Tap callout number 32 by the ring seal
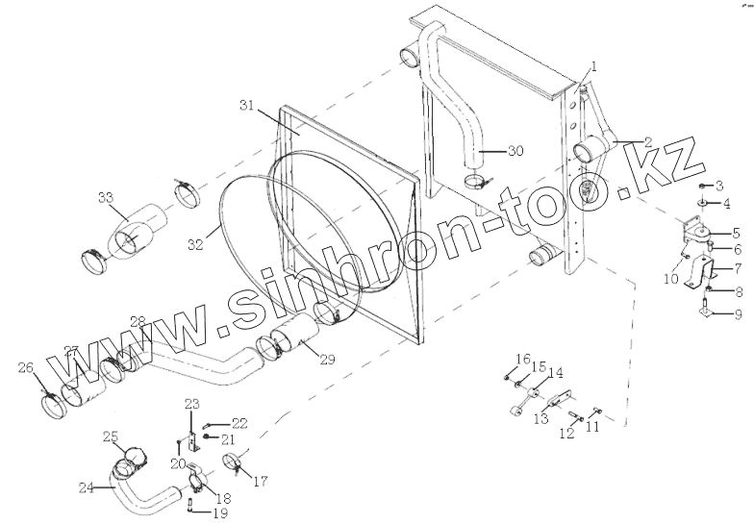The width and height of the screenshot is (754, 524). pyautogui.click(x=195, y=245)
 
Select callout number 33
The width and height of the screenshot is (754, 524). pyautogui.click(x=106, y=197)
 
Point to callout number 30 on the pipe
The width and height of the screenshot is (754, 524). pyautogui.click(x=515, y=151)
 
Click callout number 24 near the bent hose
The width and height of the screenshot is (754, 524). pyautogui.click(x=87, y=487)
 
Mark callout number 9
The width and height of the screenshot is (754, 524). pyautogui.click(x=739, y=314)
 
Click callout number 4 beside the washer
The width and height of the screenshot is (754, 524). pyautogui.click(x=727, y=204)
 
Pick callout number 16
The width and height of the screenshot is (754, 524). pyautogui.click(x=522, y=360)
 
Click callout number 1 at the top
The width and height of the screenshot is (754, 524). pyautogui.click(x=594, y=66)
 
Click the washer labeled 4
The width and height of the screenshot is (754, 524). pyautogui.click(x=704, y=204)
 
